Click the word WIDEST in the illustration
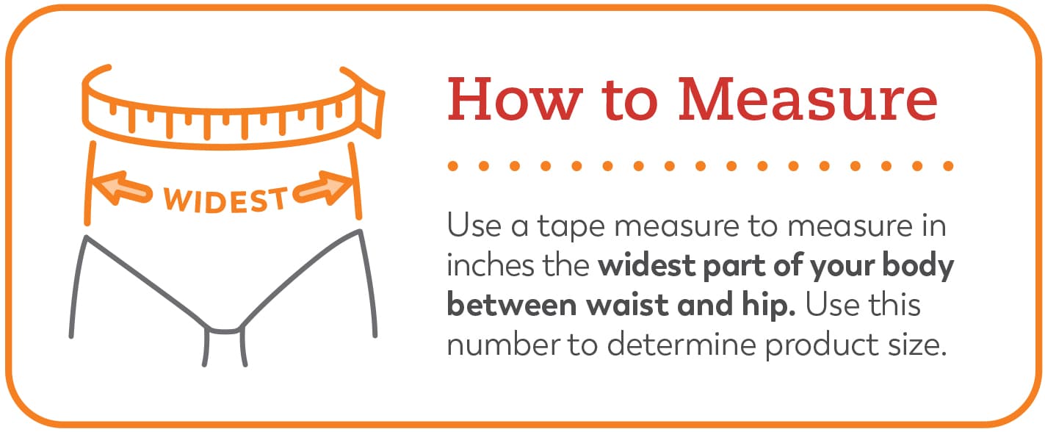click(225, 201)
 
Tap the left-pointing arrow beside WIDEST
click(122, 189)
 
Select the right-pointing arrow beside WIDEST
click(324, 188)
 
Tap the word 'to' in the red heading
click(630, 101)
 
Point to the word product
click(822, 346)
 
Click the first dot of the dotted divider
click(452, 165)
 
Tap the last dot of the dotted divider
click(948, 165)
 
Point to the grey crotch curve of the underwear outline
click(225, 331)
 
